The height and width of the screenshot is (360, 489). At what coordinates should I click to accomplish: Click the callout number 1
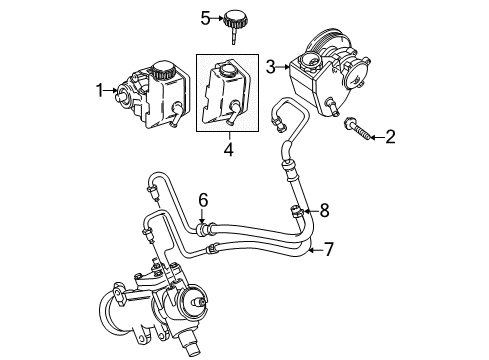pos(100,91)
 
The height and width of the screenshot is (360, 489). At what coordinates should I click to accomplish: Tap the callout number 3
pos(270,65)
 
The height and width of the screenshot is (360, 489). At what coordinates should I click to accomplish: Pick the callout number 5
pos(205,17)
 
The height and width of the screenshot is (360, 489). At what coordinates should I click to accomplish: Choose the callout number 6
pos(202,201)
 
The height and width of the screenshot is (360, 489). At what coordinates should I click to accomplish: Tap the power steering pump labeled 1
pos(146,95)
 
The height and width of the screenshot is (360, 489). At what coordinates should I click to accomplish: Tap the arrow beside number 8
pos(308,209)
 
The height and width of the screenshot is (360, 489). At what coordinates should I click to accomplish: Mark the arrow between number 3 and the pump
pos(284,65)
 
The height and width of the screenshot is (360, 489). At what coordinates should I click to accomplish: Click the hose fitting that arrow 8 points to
pos(294,209)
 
